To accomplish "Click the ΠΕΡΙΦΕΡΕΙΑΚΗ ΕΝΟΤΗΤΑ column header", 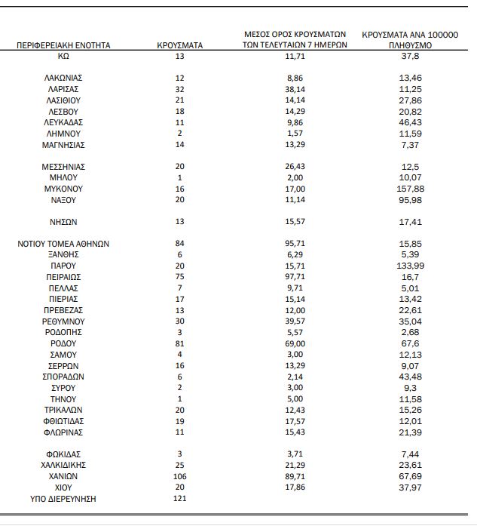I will (63, 45).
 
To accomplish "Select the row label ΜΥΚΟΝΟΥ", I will (63, 189).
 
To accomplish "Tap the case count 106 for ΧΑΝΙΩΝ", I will (179, 477).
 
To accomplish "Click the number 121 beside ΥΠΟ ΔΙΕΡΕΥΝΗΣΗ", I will (179, 499).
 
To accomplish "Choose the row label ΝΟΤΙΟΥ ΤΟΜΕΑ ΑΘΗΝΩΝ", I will (63, 244).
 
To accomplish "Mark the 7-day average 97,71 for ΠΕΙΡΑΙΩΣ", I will (295, 277).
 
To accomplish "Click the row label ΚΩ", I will (63, 56).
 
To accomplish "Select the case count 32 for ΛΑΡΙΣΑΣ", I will (179, 88).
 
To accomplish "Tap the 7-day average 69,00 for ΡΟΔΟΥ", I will (295, 343).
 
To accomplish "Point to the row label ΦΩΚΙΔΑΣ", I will (63, 454).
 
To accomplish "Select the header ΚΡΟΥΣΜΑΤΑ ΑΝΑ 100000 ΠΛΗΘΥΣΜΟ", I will (411, 40).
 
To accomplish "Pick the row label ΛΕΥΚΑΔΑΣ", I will (63, 121).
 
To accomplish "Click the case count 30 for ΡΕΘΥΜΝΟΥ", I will (179, 321).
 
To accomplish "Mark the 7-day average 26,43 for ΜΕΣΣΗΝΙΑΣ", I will (295, 166).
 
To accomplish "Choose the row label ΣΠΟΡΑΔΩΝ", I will (63, 377).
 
